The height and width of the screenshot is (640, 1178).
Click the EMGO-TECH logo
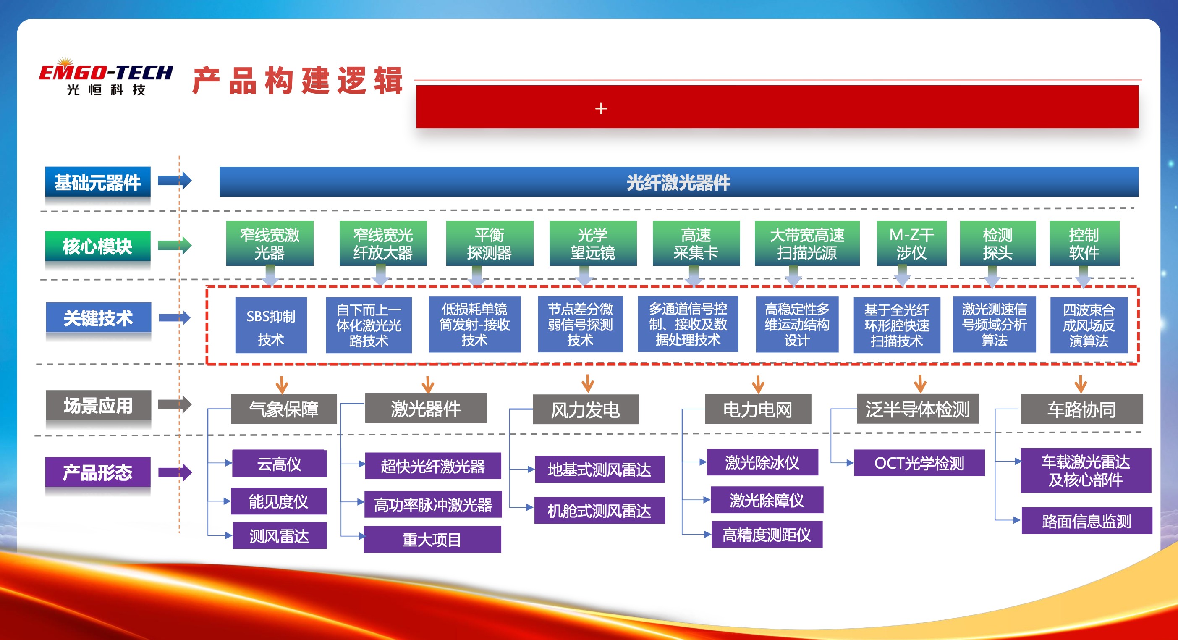106,77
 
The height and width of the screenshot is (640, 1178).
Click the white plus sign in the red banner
601,108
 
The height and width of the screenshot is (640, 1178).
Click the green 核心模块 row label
98,246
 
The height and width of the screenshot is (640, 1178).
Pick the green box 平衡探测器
490,244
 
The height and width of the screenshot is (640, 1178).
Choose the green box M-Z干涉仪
911,244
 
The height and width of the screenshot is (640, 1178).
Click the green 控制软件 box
1084,244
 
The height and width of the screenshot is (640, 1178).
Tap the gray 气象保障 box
283,409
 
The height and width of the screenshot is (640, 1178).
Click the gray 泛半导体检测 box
917,409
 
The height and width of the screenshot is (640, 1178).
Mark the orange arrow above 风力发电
588,383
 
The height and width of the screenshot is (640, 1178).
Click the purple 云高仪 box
280,464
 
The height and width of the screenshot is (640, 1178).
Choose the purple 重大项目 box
432,539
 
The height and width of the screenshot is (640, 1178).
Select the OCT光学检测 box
919,463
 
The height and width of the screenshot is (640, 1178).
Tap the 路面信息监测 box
1086,521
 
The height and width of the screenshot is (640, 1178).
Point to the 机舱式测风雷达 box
599,510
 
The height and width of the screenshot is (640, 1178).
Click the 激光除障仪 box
767,500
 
